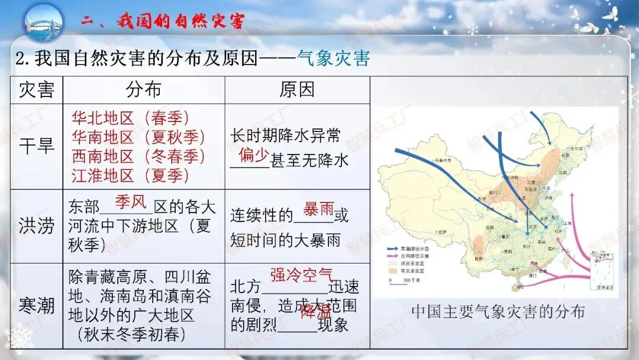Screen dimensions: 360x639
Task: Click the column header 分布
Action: click(144, 90)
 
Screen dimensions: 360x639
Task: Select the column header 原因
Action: click(297, 90)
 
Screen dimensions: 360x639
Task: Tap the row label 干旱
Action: click(37, 146)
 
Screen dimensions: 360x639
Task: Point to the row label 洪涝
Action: click(37, 226)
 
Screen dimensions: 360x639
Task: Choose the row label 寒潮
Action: click(37, 306)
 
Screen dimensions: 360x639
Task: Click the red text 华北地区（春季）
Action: click(131, 118)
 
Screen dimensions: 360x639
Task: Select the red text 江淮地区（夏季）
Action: click(131, 175)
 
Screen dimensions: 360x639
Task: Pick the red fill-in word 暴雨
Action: click(319, 209)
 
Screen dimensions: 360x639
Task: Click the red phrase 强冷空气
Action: click(302, 275)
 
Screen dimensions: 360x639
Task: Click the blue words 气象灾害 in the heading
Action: click(334, 59)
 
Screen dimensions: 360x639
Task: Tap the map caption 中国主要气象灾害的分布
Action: click(497, 311)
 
